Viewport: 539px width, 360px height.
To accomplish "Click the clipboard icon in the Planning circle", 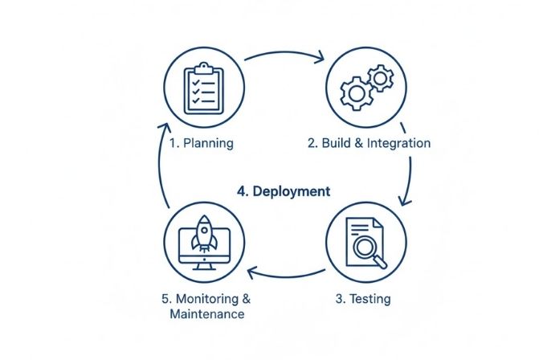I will (202, 89).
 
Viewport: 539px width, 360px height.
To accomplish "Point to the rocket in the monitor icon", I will (204, 235).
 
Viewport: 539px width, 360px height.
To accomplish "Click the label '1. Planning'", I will (202, 144).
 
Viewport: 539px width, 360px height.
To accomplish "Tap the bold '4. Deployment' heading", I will (284, 191).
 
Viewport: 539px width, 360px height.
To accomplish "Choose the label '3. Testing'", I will (362, 299).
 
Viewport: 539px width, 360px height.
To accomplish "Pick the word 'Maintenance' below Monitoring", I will (207, 314).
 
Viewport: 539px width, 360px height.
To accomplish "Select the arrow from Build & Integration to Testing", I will (409, 173).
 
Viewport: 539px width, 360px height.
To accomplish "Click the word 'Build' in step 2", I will (337, 144).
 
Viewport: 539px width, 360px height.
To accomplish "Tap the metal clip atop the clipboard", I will (202, 67).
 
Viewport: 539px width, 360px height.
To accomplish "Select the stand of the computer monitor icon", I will (204, 264).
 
